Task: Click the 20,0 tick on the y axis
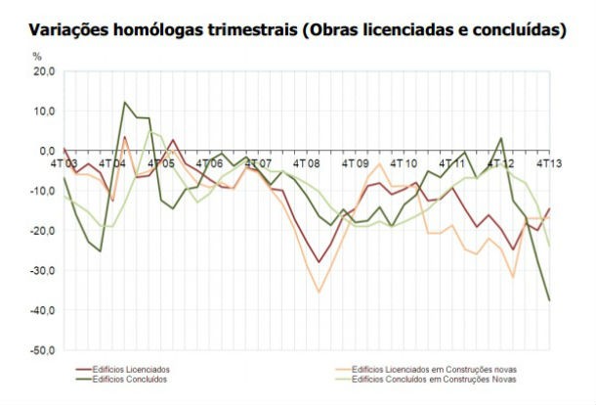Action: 44,71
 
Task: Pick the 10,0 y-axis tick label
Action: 44,112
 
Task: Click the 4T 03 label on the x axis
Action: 64,163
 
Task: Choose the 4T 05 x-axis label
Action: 161,163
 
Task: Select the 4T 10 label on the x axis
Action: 404,163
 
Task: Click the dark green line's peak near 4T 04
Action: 125,102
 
